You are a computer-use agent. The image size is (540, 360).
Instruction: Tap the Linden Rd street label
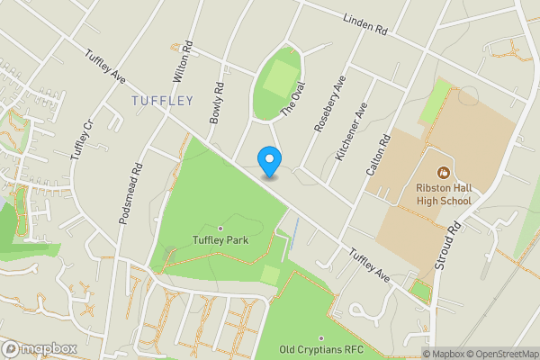click(364, 24)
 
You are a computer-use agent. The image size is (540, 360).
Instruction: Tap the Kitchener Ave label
click(352, 131)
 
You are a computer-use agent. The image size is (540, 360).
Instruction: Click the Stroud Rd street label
click(444, 242)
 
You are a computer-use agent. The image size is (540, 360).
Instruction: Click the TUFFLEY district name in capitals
click(162, 100)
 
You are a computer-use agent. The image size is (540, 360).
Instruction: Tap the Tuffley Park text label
click(220, 240)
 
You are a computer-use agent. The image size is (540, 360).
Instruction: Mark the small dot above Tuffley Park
click(220, 228)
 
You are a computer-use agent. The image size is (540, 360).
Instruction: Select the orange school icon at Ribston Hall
click(443, 172)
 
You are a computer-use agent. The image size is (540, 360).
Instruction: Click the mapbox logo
click(40, 349)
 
